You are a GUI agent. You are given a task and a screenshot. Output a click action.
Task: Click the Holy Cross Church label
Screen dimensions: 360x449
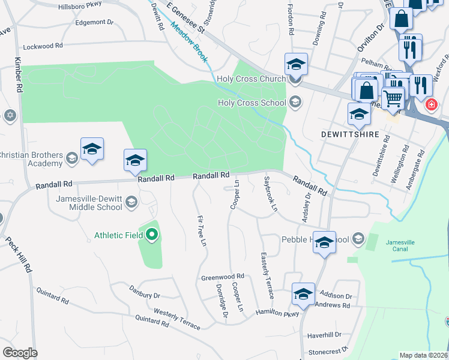coord(252,79)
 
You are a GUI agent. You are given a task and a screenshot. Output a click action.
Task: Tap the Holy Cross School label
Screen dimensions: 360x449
coord(252,103)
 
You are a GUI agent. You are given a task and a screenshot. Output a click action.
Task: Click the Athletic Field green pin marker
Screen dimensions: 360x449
coord(152,235)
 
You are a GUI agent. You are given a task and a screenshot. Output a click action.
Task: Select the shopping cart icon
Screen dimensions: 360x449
coord(393,96)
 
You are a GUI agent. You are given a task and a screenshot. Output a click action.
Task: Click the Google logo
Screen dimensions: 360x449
coord(19,353)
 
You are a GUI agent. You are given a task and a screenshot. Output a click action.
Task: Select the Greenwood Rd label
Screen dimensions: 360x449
coord(223,277)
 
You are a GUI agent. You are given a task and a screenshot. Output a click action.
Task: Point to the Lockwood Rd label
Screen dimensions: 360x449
coord(43,46)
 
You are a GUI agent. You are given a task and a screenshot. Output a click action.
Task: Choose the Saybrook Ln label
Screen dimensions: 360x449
coord(270,193)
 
